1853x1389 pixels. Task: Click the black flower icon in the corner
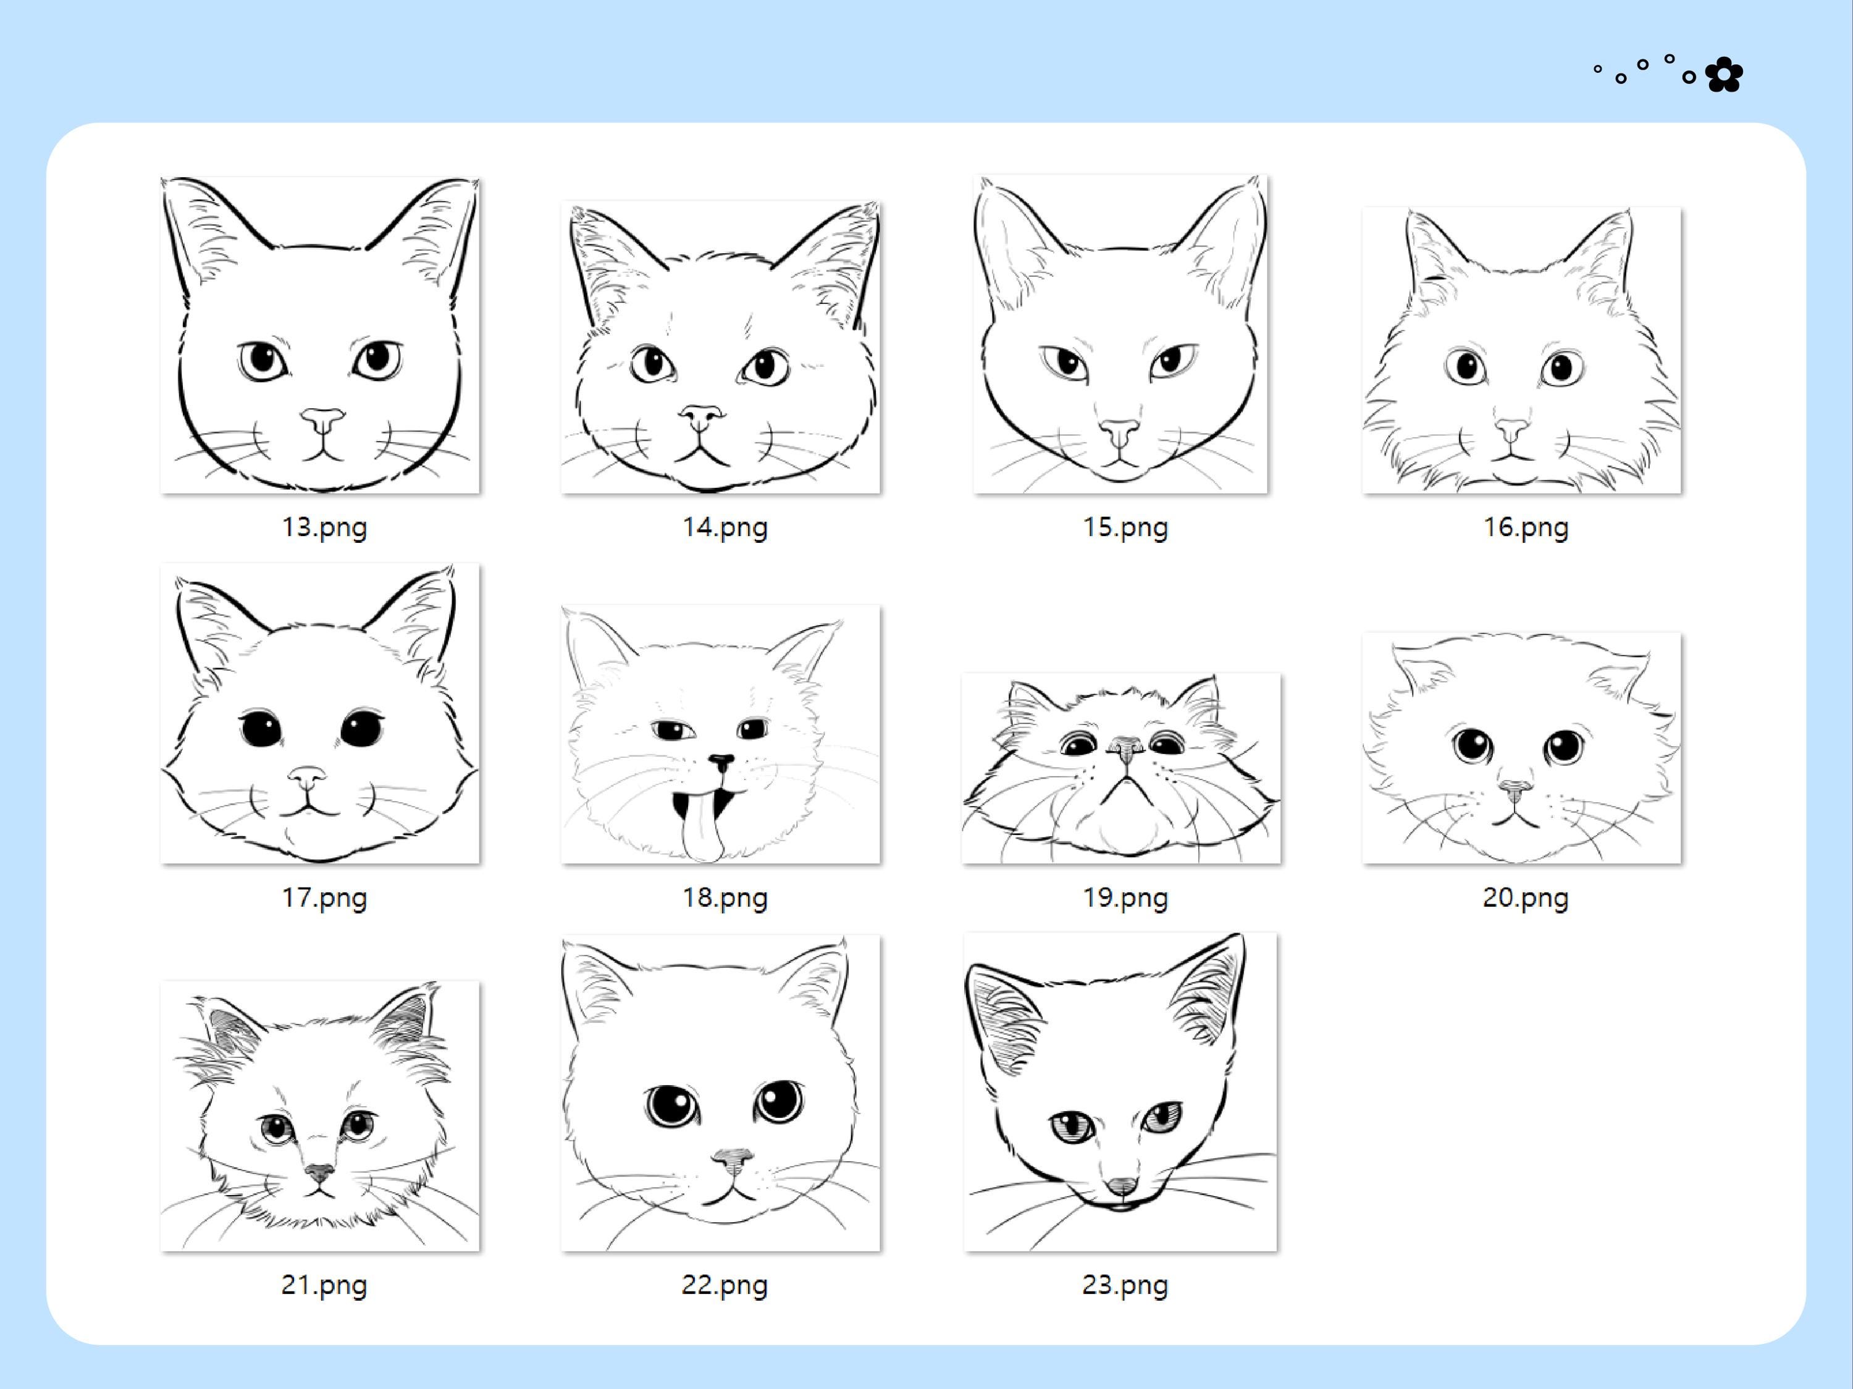point(1724,75)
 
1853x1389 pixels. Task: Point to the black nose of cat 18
point(720,762)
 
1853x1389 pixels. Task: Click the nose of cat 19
point(1125,745)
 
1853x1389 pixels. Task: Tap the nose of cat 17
point(308,776)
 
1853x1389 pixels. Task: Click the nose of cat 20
point(1515,788)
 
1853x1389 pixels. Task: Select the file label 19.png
point(1124,897)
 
